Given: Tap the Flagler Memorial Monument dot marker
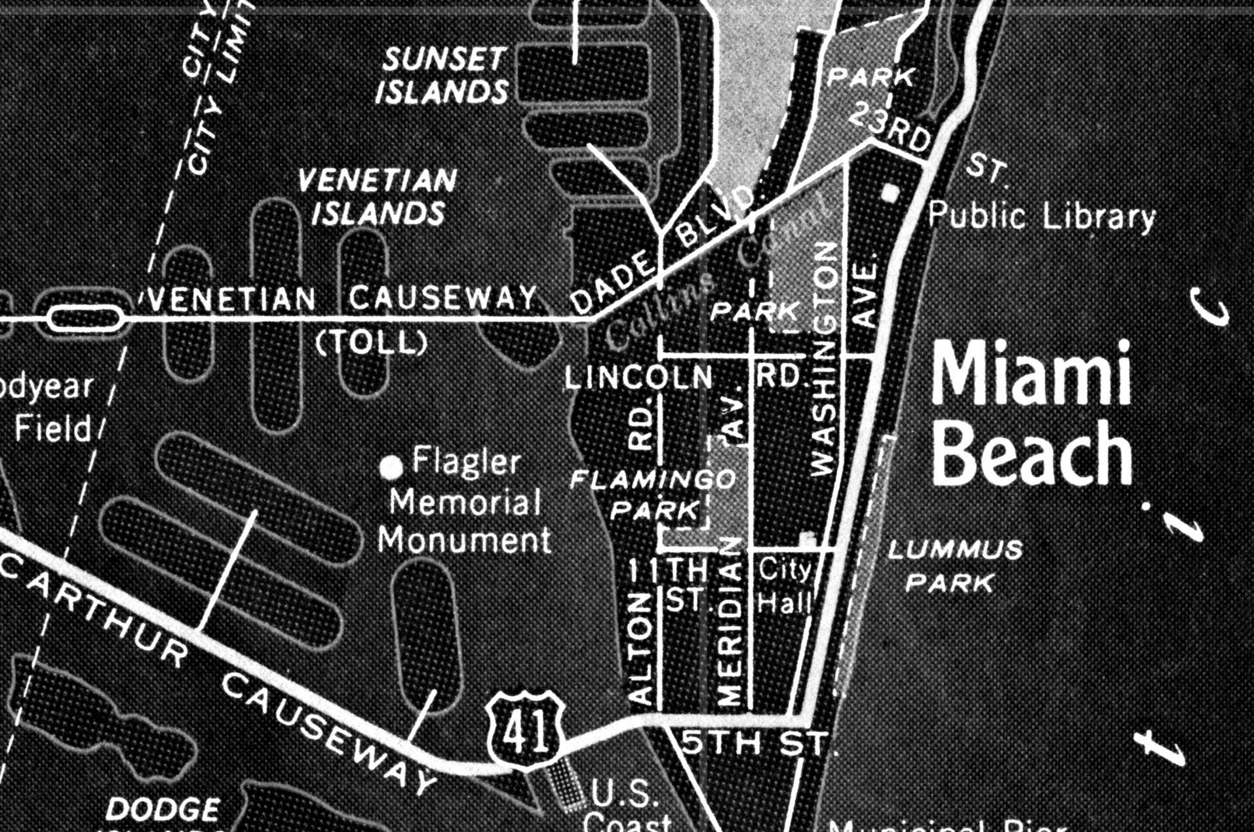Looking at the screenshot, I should point(391,467).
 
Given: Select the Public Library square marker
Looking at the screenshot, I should point(890,193).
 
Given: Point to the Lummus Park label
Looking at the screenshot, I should point(954,565).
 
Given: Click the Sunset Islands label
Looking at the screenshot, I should point(444,75).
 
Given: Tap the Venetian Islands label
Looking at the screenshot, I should point(378,196).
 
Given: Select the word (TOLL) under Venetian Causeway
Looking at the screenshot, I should point(372,342).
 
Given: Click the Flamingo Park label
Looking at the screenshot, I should point(653,494).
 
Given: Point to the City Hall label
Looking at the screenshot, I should point(785,585).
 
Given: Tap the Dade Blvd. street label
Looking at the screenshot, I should point(662,252).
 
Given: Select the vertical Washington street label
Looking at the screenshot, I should point(825,359).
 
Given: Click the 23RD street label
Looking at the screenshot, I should point(891,129).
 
